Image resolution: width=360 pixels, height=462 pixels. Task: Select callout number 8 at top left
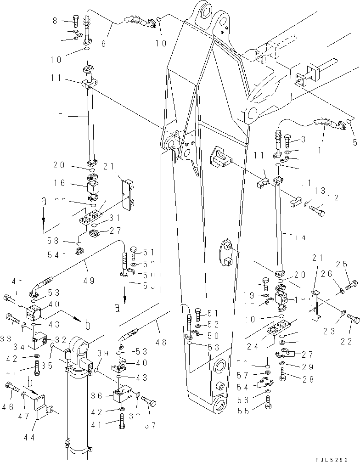pos(56,21)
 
